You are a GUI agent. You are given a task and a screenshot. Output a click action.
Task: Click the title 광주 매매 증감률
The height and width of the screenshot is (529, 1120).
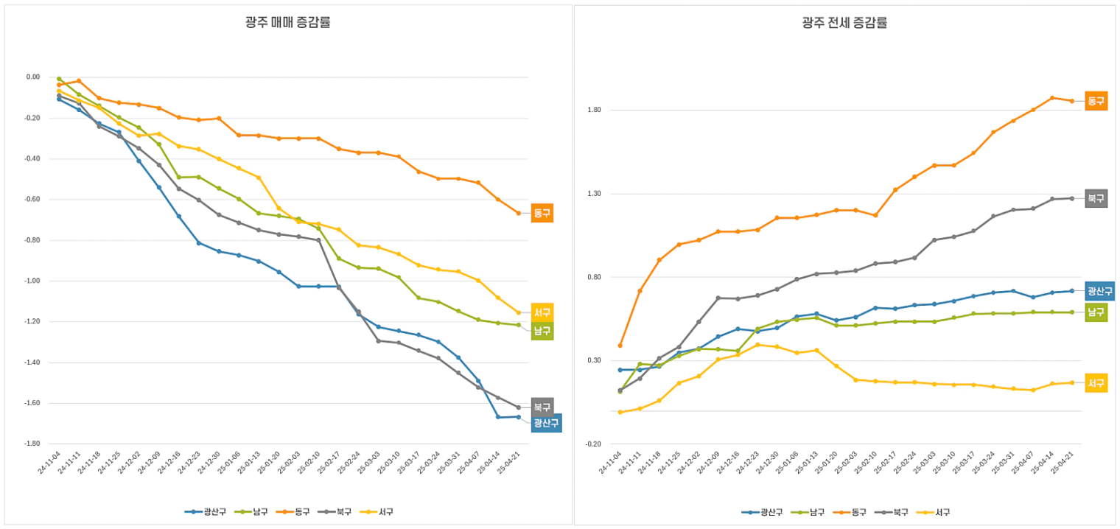287,22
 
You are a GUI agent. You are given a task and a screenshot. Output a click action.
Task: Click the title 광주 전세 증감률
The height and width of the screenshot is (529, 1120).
844,22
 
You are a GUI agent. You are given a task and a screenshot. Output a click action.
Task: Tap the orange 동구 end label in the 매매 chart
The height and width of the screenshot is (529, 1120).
542,213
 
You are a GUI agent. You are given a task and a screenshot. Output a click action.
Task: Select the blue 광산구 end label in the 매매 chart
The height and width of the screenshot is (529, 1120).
546,423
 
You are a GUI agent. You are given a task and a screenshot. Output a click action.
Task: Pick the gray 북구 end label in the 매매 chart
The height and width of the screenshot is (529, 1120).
542,407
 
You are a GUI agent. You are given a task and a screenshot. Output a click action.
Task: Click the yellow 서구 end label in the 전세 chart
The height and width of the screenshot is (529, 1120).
1096,383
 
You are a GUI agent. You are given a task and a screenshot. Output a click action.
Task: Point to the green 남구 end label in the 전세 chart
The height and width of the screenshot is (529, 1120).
1096,312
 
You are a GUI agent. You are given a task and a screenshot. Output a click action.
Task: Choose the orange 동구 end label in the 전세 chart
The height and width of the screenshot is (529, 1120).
1096,101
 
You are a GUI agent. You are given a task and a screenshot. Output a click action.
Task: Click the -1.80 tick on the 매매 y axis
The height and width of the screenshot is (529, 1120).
32,444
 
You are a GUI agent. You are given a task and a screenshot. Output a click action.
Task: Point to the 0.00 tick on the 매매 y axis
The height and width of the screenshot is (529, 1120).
34,77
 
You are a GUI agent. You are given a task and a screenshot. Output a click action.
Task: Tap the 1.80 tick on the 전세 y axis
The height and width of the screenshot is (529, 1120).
595,110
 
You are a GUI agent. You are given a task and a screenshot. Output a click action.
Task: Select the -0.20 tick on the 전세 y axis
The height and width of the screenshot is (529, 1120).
593,444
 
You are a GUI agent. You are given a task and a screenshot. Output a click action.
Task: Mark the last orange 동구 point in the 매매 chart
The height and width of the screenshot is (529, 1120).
518,213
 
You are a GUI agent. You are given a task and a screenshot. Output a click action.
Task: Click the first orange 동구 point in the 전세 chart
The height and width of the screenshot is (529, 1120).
620,346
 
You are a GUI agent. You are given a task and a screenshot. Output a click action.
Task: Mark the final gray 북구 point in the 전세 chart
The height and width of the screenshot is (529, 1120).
1071,198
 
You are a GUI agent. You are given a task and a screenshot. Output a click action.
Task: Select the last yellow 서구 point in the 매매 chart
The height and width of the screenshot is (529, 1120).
518,312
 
